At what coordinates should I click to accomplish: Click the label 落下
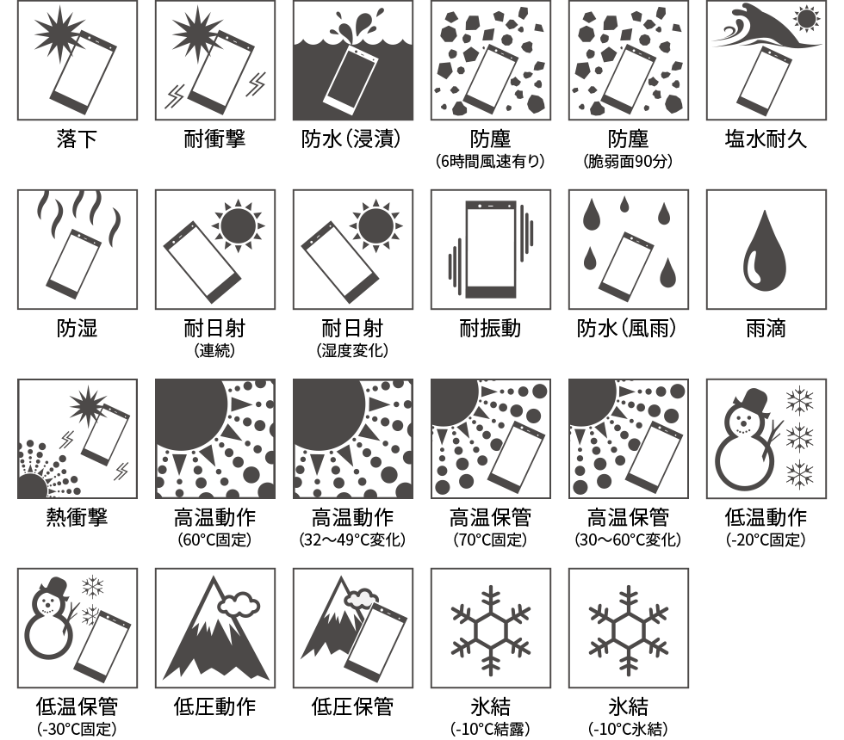point(78,139)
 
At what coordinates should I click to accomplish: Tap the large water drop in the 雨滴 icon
point(765,250)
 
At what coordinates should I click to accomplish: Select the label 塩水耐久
point(766,139)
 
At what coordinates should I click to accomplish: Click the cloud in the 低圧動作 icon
point(239,604)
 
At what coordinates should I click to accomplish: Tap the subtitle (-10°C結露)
point(490,729)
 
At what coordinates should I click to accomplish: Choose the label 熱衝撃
point(78,518)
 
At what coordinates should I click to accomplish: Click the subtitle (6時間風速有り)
point(490,162)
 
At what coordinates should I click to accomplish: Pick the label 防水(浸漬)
point(352,139)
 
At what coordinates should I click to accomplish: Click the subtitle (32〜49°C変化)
point(352,540)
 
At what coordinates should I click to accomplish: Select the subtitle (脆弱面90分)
point(629,162)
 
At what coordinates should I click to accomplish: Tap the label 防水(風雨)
point(629,329)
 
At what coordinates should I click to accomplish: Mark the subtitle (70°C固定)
point(490,540)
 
